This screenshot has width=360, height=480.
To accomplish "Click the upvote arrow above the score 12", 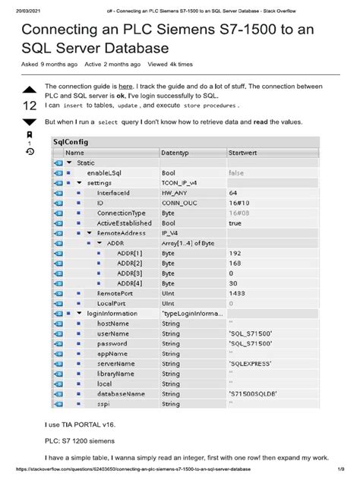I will pos(29,91).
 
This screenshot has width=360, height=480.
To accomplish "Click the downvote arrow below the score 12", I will pos(29,122).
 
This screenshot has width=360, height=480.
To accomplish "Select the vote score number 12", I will pos(28,106).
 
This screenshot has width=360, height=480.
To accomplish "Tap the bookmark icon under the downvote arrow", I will pos(29,134).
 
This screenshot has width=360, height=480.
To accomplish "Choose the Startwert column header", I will pos(244,153).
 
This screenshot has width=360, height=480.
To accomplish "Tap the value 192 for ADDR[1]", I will pos(235,252).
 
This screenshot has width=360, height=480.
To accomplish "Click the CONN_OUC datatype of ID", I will pos(180,203).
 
